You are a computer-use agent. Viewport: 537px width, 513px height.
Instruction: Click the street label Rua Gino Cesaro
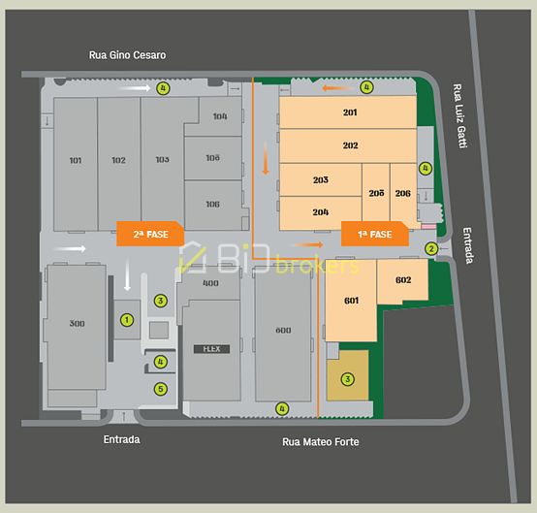click(126, 55)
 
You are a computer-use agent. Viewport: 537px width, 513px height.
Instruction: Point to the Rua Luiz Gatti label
click(460, 114)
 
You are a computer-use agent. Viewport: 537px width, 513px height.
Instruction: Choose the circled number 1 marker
click(125, 318)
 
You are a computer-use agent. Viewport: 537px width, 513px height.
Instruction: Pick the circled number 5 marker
click(161, 389)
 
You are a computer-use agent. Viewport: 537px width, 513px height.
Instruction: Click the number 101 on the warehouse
click(76, 160)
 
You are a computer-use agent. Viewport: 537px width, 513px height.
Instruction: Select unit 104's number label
click(219, 116)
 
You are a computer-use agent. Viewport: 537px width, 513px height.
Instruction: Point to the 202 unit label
click(350, 145)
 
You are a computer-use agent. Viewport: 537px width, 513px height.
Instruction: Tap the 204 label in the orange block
click(321, 211)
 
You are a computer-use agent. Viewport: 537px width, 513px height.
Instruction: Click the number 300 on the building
click(78, 323)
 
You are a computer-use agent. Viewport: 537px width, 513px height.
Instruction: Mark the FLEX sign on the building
click(210, 349)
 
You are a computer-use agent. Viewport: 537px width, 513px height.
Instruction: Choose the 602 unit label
click(403, 280)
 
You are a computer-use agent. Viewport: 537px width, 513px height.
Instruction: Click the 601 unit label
click(351, 301)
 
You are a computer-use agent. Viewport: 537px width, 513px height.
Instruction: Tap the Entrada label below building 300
click(121, 439)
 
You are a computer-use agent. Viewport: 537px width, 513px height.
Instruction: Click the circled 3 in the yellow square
click(347, 379)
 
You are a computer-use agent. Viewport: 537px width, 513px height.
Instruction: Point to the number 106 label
click(212, 204)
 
